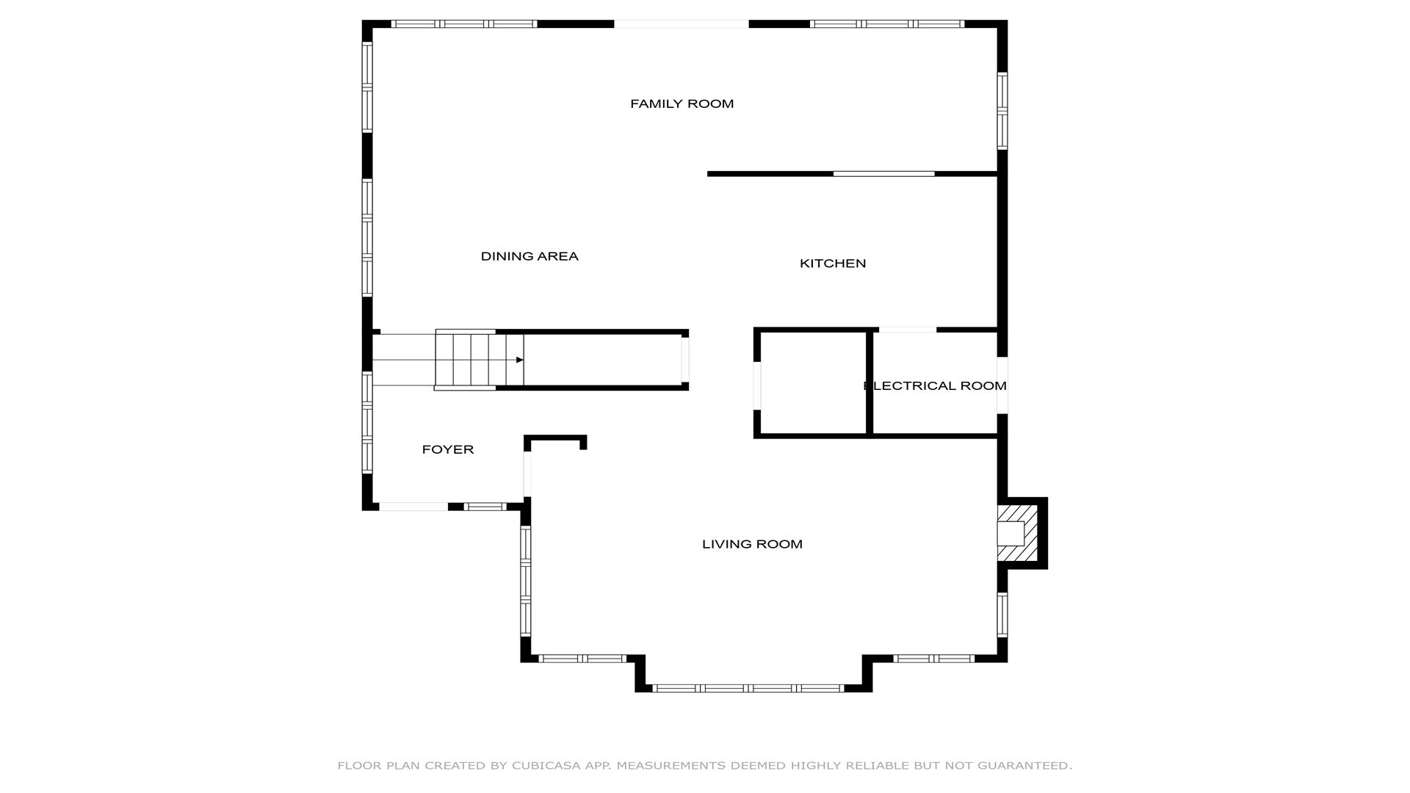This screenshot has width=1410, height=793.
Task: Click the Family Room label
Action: click(x=681, y=104)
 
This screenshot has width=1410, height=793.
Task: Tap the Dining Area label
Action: click(x=529, y=256)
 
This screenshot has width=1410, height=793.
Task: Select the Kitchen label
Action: click(x=833, y=264)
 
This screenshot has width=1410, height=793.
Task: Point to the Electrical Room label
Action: click(x=934, y=385)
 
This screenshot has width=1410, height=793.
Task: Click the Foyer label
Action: click(x=447, y=449)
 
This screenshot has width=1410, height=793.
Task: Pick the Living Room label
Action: click(x=752, y=544)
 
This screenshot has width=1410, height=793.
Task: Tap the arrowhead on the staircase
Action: click(x=519, y=360)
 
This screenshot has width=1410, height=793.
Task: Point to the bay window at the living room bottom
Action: click(x=748, y=688)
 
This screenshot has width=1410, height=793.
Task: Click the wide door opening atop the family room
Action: click(x=681, y=24)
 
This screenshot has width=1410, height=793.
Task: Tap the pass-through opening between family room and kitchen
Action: click(x=883, y=174)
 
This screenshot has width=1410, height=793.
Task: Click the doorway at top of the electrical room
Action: click(x=908, y=330)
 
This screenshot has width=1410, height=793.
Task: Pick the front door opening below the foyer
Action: click(x=413, y=507)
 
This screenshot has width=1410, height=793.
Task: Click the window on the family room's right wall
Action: click(x=1002, y=111)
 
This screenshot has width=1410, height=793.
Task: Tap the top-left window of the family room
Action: click(x=463, y=24)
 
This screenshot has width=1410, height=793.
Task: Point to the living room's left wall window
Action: click(x=525, y=581)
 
